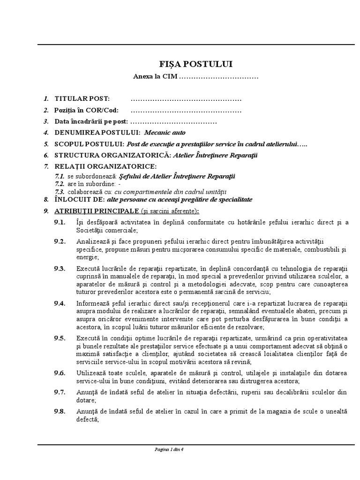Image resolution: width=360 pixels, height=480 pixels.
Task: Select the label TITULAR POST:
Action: (x=82, y=99)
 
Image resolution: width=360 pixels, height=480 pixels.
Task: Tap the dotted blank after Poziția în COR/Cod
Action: (x=186, y=111)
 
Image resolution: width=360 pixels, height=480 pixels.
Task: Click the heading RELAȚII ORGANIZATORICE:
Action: (x=106, y=166)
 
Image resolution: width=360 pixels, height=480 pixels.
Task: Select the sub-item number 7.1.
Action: (x=60, y=176)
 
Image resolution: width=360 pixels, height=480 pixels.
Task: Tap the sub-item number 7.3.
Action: (x=60, y=191)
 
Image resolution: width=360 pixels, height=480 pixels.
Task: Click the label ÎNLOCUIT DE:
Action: (x=77, y=199)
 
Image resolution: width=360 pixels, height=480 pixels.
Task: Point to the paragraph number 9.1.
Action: (x=60, y=222)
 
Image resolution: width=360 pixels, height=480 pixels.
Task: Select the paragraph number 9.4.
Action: (x=60, y=303)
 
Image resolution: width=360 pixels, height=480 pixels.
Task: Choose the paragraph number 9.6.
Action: (x=60, y=373)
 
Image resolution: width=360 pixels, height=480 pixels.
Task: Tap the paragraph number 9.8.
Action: (x=60, y=411)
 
